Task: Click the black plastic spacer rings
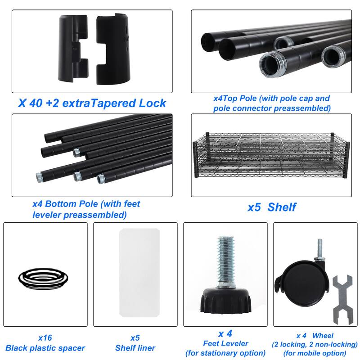pyautogui.click(x=43, y=279)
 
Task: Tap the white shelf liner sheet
pyautogui.click(x=139, y=273)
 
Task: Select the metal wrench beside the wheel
pyautogui.click(x=342, y=300)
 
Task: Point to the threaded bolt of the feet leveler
pyautogui.click(x=226, y=261)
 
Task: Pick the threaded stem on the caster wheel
pyautogui.click(x=320, y=249)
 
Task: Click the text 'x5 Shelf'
pyautogui.click(x=272, y=207)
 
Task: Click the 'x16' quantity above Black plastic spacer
pyautogui.click(x=45, y=338)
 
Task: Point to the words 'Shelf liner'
pyautogui.click(x=135, y=348)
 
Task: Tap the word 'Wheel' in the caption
pyautogui.click(x=323, y=336)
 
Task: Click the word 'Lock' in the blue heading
pyautogui.click(x=153, y=103)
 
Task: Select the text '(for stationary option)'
pyautogui.click(x=225, y=353)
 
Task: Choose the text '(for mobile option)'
pyautogui.click(x=315, y=353)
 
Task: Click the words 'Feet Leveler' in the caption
pyautogui.click(x=226, y=343)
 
